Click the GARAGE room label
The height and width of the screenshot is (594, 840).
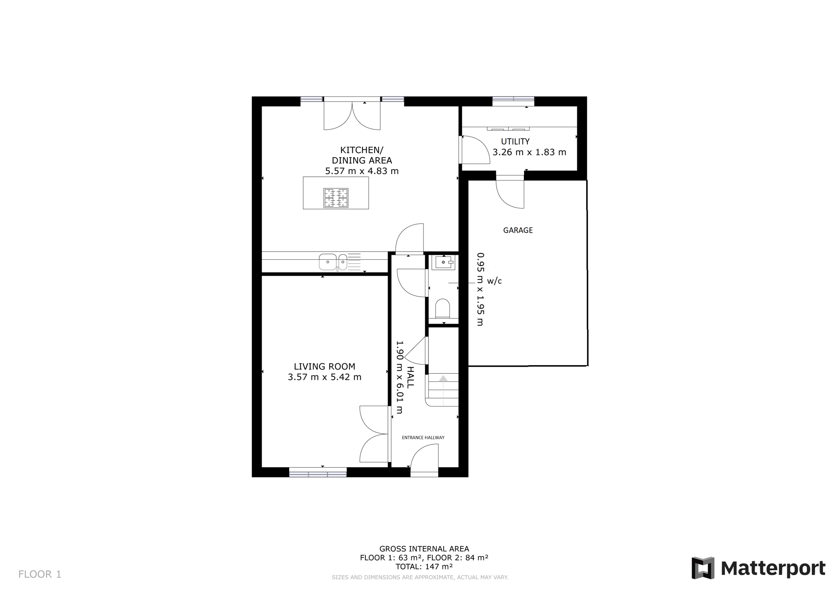(x=518, y=230)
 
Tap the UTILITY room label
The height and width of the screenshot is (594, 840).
(x=515, y=142)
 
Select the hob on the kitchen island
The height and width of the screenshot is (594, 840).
(x=336, y=198)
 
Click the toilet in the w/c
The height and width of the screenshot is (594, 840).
(x=443, y=308)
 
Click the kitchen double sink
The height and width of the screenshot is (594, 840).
(x=333, y=262)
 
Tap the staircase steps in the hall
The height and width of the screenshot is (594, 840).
(x=443, y=390)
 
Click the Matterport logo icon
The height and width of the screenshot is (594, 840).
(x=703, y=568)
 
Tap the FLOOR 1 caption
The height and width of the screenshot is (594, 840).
(x=40, y=574)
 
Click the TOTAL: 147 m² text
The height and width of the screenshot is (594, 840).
(x=424, y=567)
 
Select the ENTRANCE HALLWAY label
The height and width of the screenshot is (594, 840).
(x=423, y=438)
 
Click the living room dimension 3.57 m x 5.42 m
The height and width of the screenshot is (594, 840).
(x=324, y=377)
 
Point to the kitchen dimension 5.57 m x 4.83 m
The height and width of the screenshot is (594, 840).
(x=362, y=171)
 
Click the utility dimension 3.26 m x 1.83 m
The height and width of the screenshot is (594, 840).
(x=529, y=152)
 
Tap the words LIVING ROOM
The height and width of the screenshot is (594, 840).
(x=324, y=366)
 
